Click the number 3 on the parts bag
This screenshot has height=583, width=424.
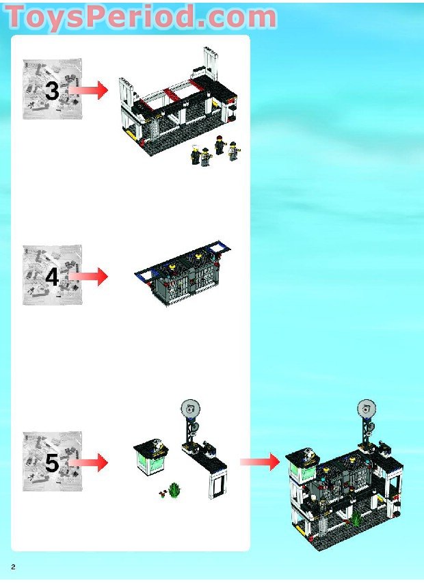click(x=52, y=90)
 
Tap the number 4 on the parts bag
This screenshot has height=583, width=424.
click(x=52, y=277)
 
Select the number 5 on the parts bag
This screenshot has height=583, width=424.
click(x=52, y=463)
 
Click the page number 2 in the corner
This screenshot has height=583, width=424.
click(x=13, y=567)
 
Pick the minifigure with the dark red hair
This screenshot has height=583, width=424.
click(x=220, y=144)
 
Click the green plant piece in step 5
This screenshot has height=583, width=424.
click(x=174, y=490)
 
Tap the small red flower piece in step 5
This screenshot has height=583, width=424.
click(x=162, y=493)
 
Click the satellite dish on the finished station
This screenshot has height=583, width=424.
click(x=367, y=411)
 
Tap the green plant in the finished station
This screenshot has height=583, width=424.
click(x=356, y=518)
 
